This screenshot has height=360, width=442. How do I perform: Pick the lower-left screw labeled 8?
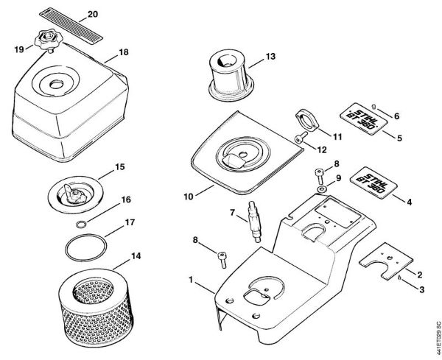[222, 255]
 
